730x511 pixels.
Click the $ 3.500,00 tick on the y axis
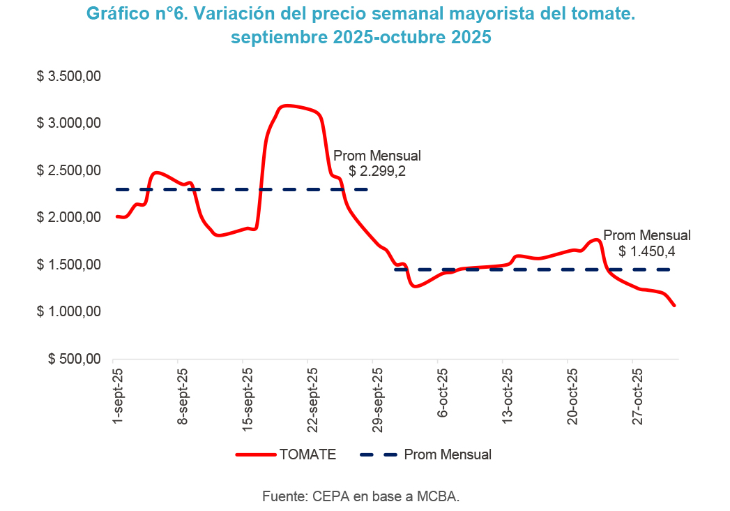[x=69, y=76]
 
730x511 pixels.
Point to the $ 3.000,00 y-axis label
[x=69, y=124]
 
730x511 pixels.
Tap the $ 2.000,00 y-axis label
[x=69, y=218]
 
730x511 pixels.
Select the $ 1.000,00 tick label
[x=69, y=312]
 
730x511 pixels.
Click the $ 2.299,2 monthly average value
[x=377, y=170]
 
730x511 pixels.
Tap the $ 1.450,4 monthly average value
[x=646, y=251]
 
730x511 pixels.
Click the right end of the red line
[x=674, y=305]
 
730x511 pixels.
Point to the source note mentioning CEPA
[x=361, y=496]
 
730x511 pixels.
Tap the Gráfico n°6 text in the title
[x=132, y=14]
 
